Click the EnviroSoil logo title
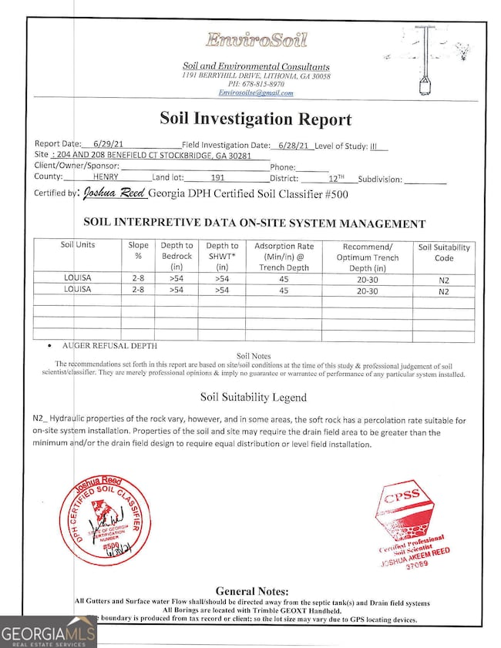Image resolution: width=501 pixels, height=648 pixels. (255, 40)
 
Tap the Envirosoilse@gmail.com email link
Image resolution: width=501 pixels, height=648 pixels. (256, 93)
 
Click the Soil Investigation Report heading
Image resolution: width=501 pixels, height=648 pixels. (255, 119)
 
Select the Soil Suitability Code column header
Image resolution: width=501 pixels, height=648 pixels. (444, 252)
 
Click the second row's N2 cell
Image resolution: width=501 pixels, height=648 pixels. (444, 291)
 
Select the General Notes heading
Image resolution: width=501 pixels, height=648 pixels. (252, 591)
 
